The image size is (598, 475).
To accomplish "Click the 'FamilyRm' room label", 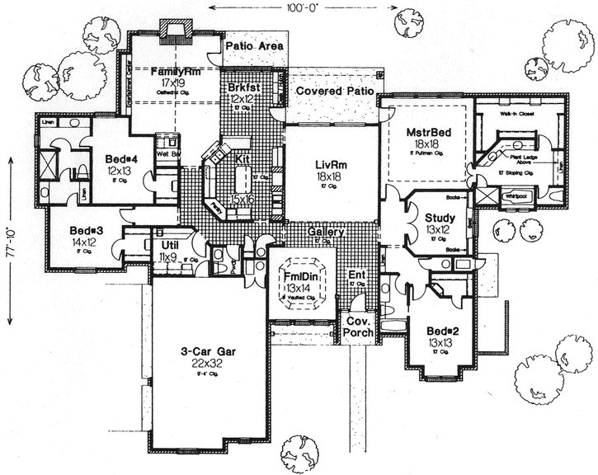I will [x=172, y=72].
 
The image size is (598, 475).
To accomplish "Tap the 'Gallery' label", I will [x=326, y=234].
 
